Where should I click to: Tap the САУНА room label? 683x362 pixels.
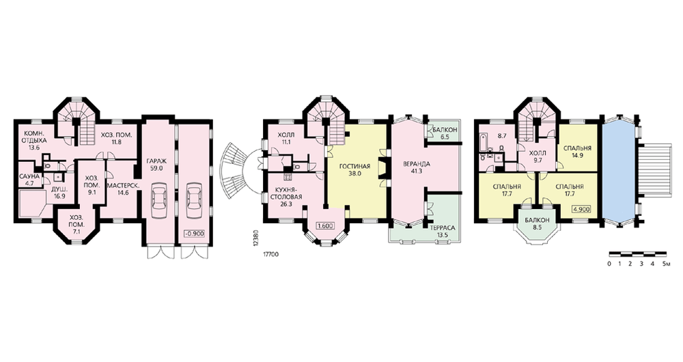point(29,176)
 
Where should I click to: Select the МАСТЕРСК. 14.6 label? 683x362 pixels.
point(124,189)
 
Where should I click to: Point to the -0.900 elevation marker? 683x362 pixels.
point(194,233)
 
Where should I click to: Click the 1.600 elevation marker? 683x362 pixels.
point(325,226)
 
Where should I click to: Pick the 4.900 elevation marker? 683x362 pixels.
point(581,209)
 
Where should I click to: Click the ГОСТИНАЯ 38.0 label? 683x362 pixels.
point(354,169)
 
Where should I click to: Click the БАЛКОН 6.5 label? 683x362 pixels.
point(445,133)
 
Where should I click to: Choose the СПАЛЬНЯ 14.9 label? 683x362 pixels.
point(577,152)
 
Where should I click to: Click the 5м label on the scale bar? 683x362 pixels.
point(665,264)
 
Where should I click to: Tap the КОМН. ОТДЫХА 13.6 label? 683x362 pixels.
point(33,141)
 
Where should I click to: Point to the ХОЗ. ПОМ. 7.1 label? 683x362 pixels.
point(76,225)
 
